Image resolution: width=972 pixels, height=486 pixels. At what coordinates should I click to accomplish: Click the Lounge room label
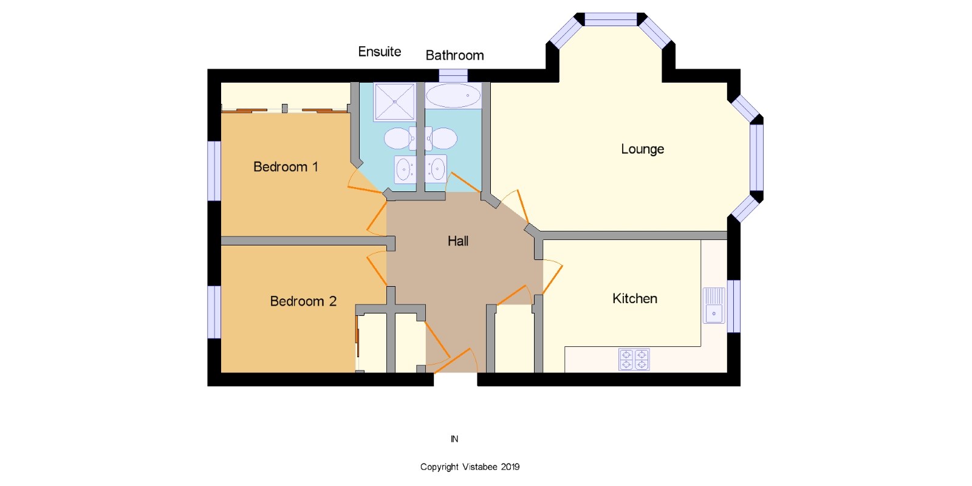coord(642,149)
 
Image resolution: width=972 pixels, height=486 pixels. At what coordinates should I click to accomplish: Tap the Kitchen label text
coord(634,298)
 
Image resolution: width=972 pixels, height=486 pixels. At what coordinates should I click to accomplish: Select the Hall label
coord(458,241)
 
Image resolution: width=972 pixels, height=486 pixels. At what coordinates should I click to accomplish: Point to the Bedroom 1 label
coord(286,166)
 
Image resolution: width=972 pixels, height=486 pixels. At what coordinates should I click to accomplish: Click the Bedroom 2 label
coord(303,301)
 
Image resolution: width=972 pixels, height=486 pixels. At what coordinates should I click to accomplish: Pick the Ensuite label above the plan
coord(379,52)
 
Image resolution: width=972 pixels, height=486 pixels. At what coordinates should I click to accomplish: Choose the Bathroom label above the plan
coord(454,55)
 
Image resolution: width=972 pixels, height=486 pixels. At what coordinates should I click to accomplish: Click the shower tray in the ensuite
coord(394,101)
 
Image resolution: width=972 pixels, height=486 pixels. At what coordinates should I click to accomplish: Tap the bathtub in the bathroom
coord(453,95)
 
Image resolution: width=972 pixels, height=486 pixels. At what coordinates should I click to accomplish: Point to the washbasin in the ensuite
coord(405,169)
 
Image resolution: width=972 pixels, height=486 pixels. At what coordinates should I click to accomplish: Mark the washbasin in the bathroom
coord(436,168)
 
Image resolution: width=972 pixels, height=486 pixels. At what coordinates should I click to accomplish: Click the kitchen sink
coord(714,306)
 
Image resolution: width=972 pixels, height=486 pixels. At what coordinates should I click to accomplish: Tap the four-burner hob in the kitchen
coord(634,359)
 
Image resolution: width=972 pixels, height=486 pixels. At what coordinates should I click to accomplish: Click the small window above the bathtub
coord(453,75)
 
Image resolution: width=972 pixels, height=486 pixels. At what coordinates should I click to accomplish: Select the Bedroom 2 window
coord(214,312)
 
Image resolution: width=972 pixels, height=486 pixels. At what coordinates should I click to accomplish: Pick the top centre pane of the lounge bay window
coord(611,19)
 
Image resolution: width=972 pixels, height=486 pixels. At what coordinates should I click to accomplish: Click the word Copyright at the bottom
coord(439,467)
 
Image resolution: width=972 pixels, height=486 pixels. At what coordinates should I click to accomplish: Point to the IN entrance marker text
coord(454,439)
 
